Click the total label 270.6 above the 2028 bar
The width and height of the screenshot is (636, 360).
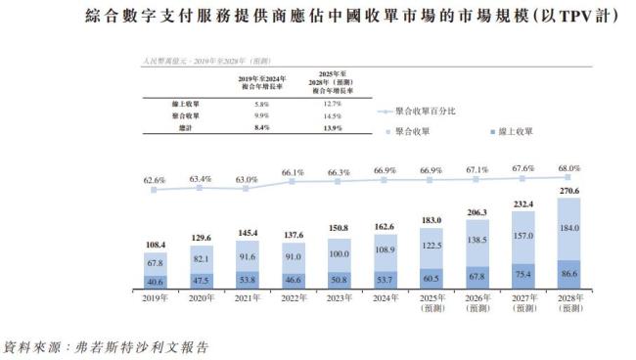tap(568, 191)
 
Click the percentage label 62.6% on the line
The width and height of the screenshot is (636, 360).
tap(153, 181)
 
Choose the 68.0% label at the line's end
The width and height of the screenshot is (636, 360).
tap(568, 168)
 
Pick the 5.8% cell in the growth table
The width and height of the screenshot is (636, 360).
tap(260, 103)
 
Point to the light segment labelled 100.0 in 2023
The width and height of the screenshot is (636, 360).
tap(338, 255)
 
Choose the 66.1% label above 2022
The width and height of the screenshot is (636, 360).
tap(292, 172)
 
